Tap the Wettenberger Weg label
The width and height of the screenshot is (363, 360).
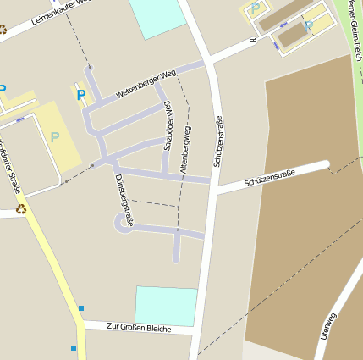(146, 84)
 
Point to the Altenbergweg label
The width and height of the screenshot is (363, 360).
(186, 149)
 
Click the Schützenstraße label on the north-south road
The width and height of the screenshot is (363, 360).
(219, 141)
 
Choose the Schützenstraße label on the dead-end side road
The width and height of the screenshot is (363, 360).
(270, 178)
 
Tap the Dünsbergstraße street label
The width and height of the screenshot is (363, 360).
(124, 199)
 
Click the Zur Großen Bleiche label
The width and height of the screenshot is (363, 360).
(140, 328)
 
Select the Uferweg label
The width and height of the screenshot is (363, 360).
(328, 326)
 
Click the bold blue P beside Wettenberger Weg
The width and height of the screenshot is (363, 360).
(81, 95)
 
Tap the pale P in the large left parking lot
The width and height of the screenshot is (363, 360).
(55, 136)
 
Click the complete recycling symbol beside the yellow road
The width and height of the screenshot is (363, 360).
(21, 209)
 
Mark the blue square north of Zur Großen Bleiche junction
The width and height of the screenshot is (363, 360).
(81, 307)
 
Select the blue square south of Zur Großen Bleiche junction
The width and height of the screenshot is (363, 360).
(74, 347)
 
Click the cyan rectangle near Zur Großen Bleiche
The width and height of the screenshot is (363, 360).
(167, 306)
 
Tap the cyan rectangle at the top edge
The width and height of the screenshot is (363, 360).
(157, 17)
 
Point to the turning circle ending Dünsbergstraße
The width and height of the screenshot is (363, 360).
(120, 222)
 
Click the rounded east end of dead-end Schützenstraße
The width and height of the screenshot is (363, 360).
(325, 165)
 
